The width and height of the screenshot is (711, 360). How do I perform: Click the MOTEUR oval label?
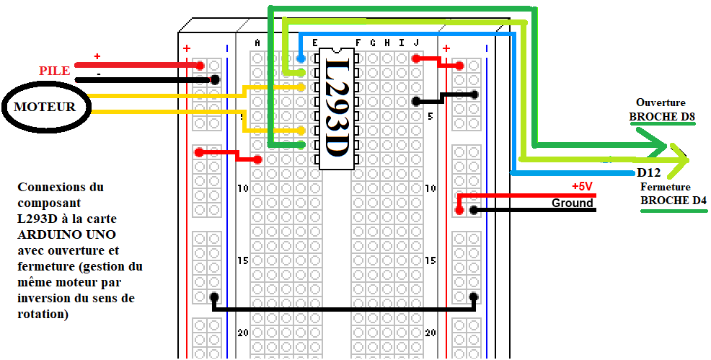point(45,107)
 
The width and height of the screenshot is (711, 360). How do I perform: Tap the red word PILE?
point(55,71)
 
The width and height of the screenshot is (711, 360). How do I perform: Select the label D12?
point(649,173)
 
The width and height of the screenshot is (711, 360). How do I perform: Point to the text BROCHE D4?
point(674,200)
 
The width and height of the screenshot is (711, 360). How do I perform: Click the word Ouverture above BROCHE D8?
point(661,102)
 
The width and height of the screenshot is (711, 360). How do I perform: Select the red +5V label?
point(582,186)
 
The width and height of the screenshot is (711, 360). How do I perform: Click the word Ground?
point(573,203)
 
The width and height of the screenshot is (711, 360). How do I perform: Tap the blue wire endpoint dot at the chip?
point(301,58)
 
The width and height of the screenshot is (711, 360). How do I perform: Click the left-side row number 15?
point(243,260)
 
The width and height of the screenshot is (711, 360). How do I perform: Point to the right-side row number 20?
point(430,333)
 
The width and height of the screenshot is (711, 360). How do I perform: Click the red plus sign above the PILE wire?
point(97,56)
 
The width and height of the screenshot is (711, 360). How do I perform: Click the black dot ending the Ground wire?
point(474,211)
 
